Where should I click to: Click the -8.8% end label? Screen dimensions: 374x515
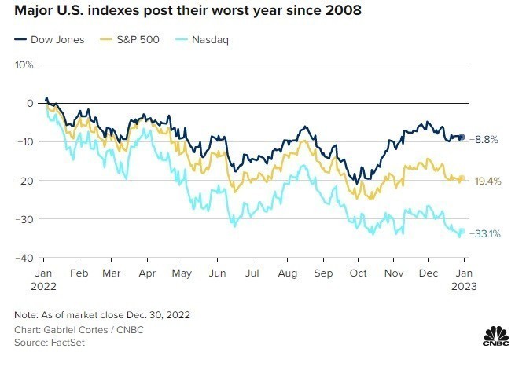click(485, 139)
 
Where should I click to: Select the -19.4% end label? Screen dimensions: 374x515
click(487, 180)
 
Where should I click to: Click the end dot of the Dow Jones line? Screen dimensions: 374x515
click(462, 137)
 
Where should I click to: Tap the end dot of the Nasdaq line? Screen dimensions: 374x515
click(462, 231)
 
